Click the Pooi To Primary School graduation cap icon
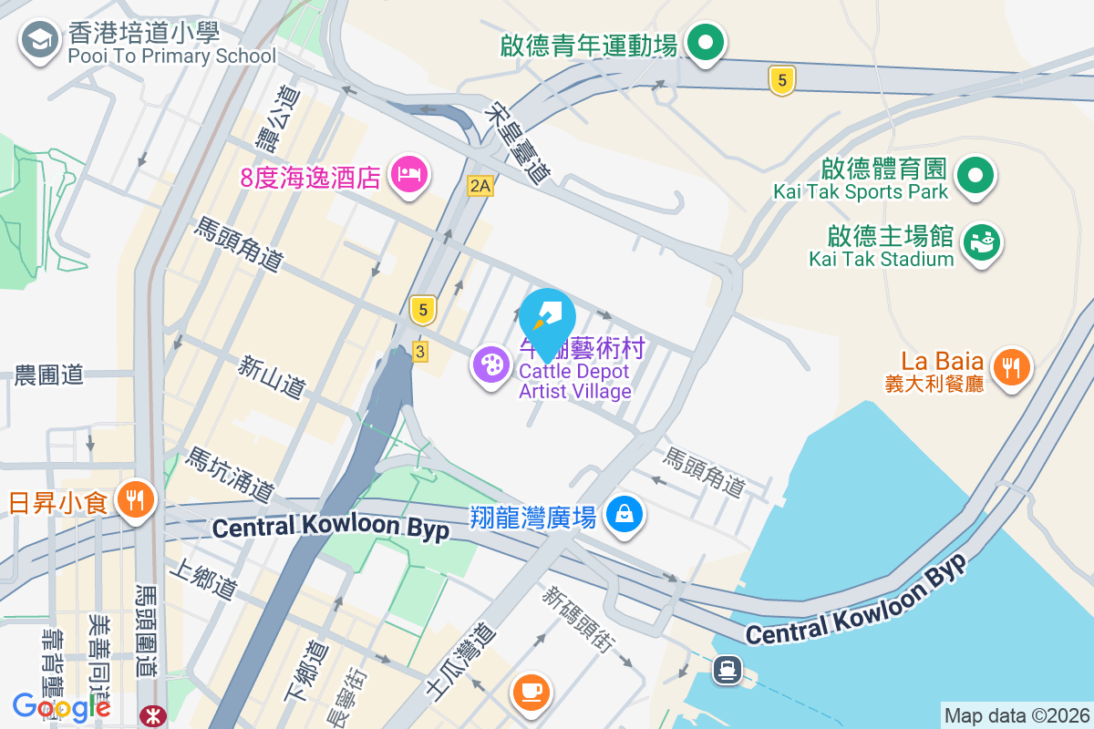tap(39, 40)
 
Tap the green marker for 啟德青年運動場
tap(704, 43)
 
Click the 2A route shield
tap(480, 186)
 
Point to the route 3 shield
tap(419, 351)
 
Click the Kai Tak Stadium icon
tap(981, 243)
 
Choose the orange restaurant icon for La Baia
tap(1010, 367)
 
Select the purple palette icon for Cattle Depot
tap(491, 365)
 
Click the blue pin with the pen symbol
tap(547, 317)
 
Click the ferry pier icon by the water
tap(727, 670)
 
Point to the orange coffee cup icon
tap(532, 690)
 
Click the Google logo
tap(61, 706)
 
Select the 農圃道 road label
tap(49, 375)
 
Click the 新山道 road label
tap(271, 377)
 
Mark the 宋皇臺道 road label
tap(520, 143)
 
